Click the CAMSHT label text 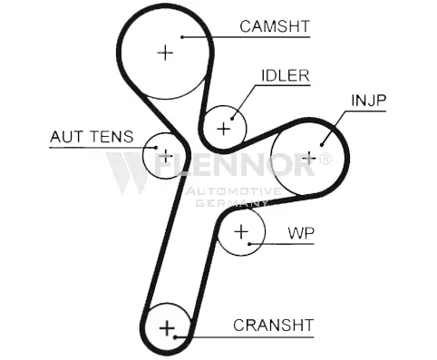(x=275, y=26)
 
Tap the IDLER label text (x=286, y=75)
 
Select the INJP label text (x=369, y=101)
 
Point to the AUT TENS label (x=92, y=137)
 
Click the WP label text (x=301, y=233)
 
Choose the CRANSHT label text (x=273, y=326)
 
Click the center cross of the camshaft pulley (x=165, y=53)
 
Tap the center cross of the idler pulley (x=224, y=129)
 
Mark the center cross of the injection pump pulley (x=308, y=158)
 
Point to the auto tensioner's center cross (x=165, y=156)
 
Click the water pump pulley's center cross (x=241, y=232)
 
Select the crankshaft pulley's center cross (x=167, y=328)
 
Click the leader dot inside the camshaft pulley (x=182, y=37)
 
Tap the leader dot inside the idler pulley (x=232, y=119)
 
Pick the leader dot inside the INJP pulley (x=322, y=145)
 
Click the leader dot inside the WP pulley (x=249, y=244)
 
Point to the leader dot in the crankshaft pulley (x=175, y=336)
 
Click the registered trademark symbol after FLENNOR (x=325, y=159)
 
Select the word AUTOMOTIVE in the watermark (x=233, y=191)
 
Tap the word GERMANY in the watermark (x=231, y=203)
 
